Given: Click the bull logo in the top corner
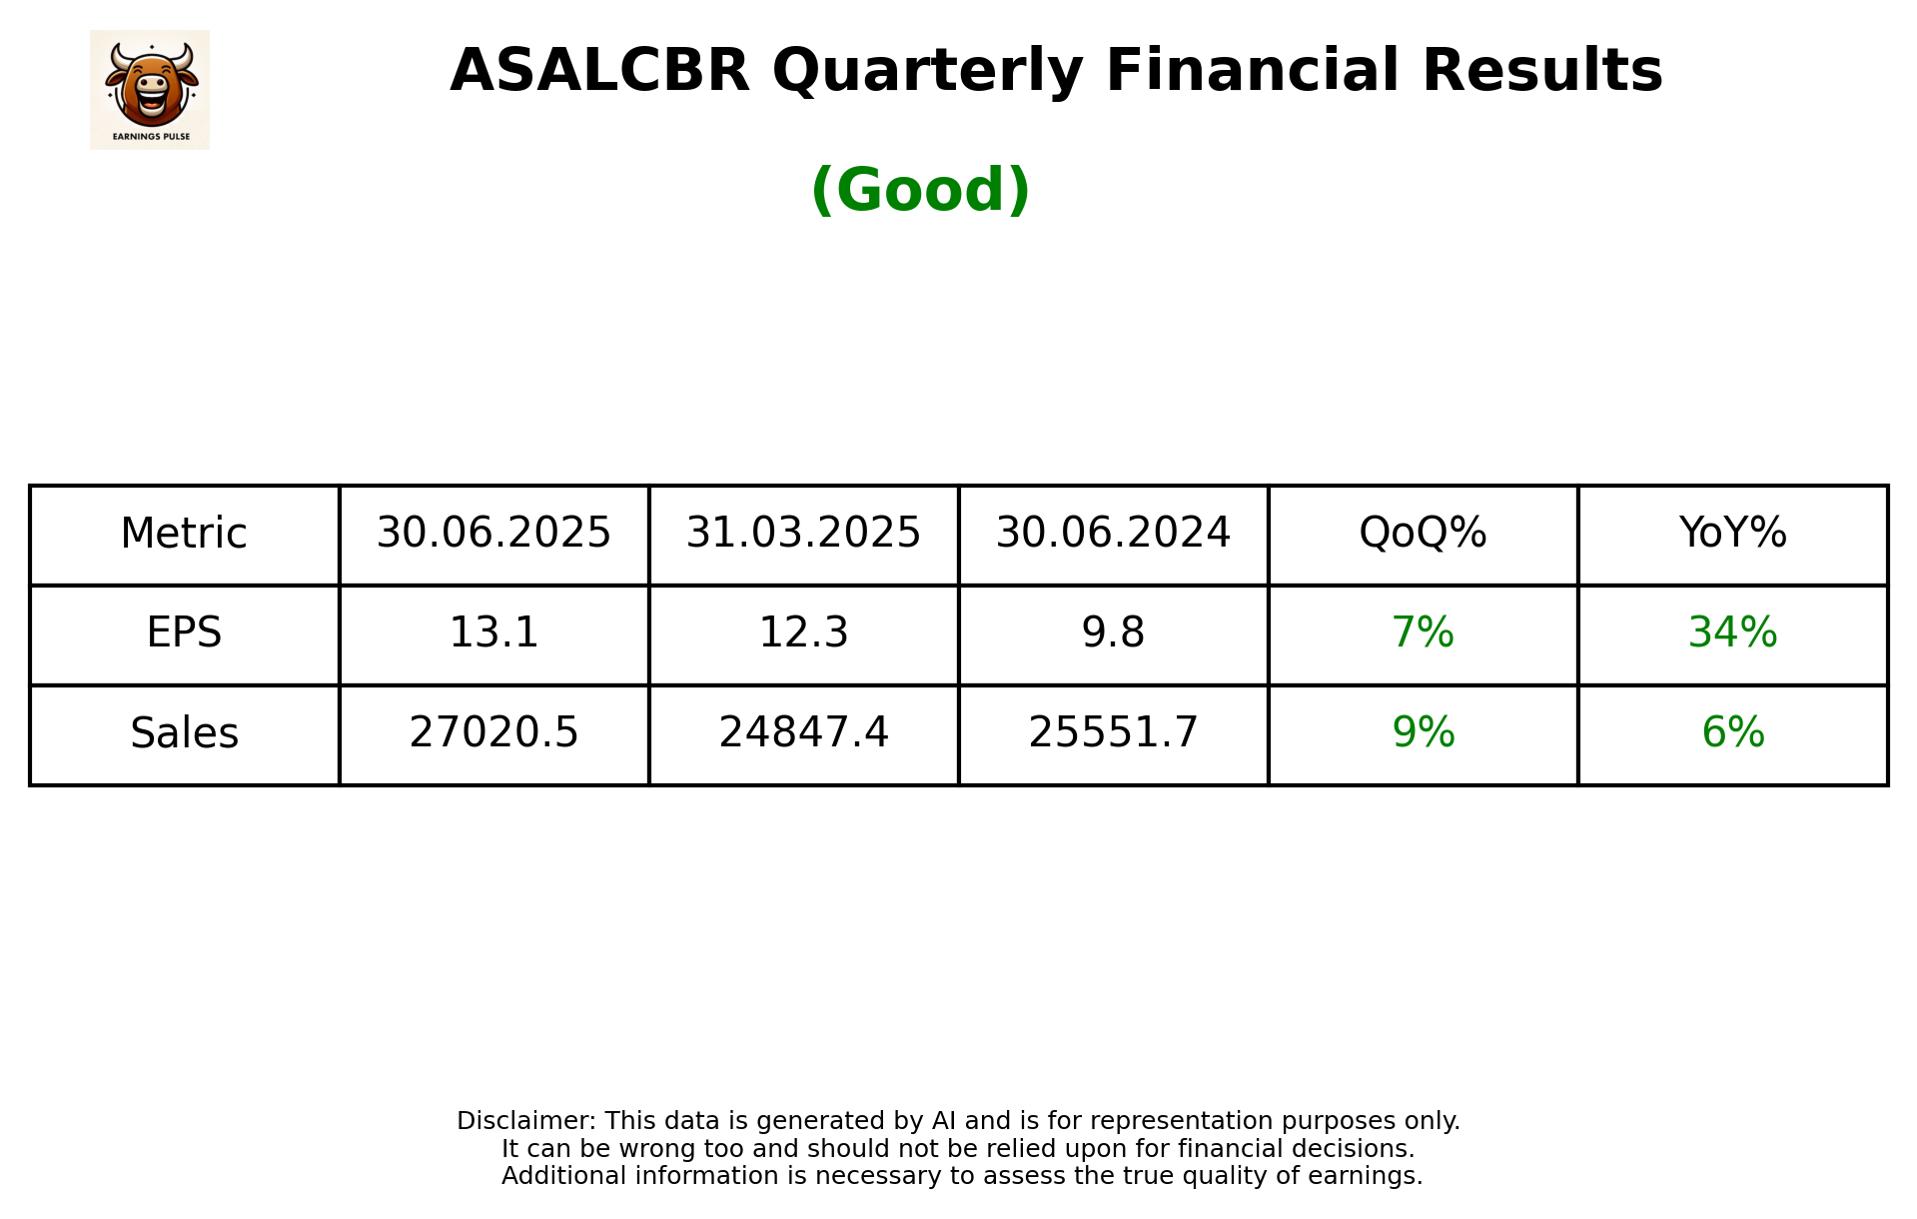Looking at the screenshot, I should point(150,90).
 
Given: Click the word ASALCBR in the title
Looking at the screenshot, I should point(599,71).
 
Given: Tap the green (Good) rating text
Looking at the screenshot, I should point(920,190).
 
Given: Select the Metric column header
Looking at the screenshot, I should point(184,534).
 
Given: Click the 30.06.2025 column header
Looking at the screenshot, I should point(493,534).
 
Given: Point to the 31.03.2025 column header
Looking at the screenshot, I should point(803,534).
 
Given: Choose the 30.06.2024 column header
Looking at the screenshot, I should point(1113,534).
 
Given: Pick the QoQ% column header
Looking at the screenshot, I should point(1423,534).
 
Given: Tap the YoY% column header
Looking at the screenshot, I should point(1732,534).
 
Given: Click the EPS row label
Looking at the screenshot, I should point(184,633).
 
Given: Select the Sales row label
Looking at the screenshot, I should point(184,733).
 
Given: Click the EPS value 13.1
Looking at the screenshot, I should point(493,633).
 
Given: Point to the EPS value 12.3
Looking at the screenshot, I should point(803,633).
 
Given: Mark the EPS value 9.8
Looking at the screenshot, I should point(1113,633).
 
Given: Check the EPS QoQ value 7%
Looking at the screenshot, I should point(1423,633).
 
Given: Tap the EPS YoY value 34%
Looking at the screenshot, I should point(1732,633).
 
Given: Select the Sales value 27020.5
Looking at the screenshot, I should point(493,733).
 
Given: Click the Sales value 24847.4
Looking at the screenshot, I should point(803,733).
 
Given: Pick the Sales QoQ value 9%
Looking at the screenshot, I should point(1423,733).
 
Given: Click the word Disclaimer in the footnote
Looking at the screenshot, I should point(525,1121).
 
